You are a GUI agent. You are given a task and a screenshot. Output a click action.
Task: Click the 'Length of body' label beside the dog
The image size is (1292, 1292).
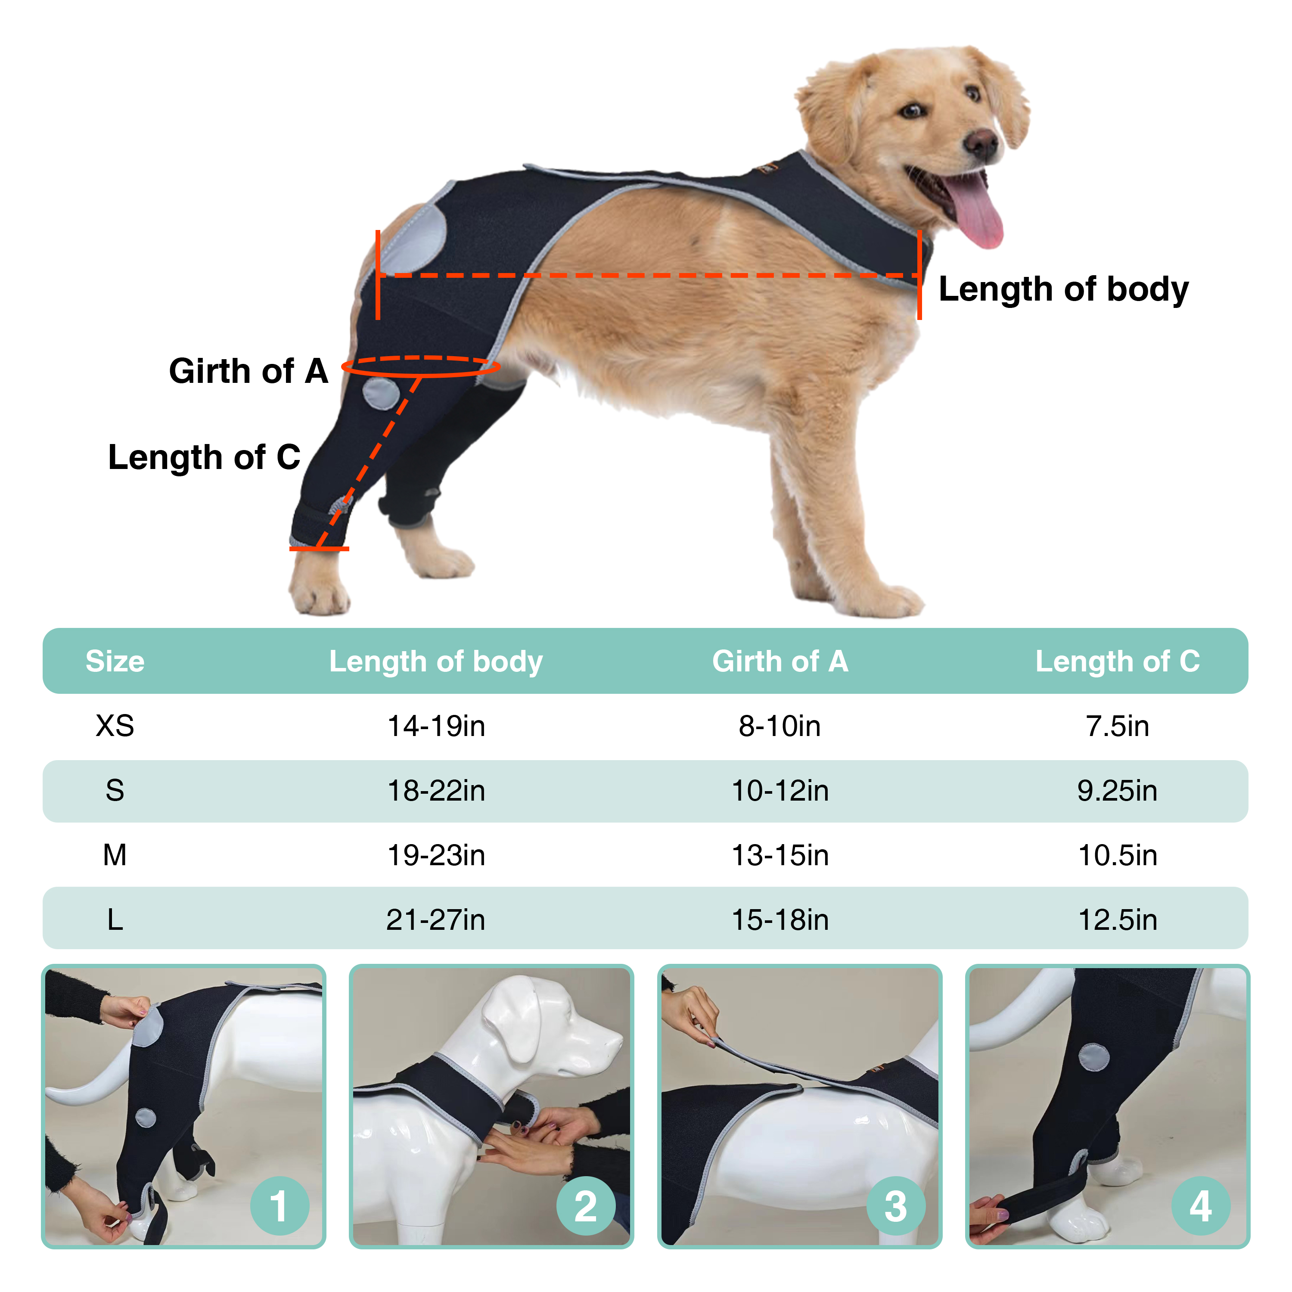coord(1063,289)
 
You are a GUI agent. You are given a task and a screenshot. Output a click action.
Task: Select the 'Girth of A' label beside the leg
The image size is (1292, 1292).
coord(248,371)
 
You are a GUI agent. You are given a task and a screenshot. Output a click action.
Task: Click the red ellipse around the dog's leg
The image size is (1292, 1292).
coord(421,366)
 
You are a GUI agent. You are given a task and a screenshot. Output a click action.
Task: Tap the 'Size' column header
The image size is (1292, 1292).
coord(115,662)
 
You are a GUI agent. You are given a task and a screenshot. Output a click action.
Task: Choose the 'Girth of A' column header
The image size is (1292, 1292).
coord(780,662)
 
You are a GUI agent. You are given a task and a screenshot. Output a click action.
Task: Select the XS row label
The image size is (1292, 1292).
coord(115,726)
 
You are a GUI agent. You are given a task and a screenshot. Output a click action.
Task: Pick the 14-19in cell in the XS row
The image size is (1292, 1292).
coord(436,726)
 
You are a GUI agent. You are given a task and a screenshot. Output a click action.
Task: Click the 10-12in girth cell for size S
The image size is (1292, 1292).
coord(780,790)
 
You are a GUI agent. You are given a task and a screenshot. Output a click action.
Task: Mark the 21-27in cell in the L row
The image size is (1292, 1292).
coord(436,919)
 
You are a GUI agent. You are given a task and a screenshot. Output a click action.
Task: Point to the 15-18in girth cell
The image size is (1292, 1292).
coord(780,919)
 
